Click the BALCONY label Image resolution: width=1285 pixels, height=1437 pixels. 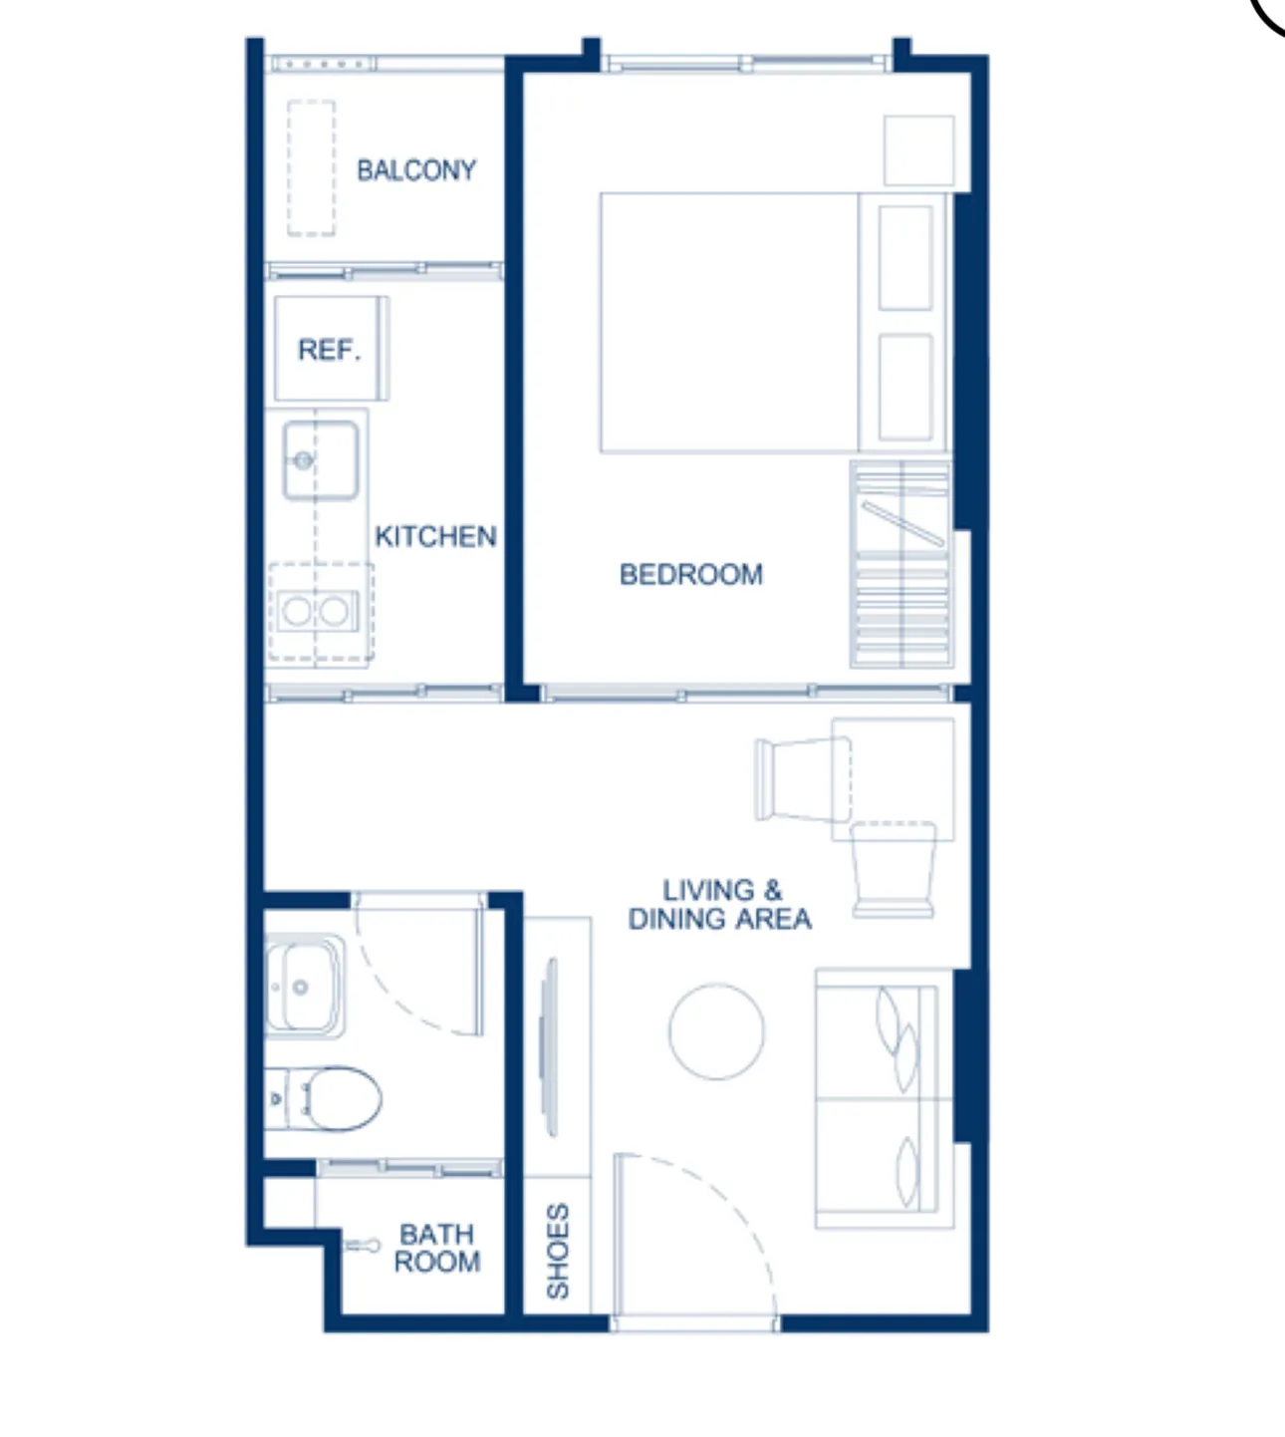pyautogui.click(x=416, y=170)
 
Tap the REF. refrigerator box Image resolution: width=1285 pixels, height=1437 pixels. pyautogui.click(x=331, y=348)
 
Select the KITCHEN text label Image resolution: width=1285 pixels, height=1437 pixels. pyautogui.click(x=435, y=536)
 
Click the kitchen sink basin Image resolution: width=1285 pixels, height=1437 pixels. pyautogui.click(x=321, y=460)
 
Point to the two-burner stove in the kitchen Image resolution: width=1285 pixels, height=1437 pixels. pyautogui.click(x=318, y=611)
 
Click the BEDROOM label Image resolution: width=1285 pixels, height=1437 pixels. pyautogui.click(x=690, y=575)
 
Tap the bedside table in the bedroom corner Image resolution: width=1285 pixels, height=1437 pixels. pyautogui.click(x=919, y=151)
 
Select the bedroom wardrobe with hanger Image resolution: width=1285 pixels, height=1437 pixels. pyautogui.click(x=901, y=564)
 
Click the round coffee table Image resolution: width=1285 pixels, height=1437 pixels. pyautogui.click(x=716, y=1031)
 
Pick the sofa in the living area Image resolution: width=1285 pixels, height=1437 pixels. pyautogui.click(x=885, y=1098)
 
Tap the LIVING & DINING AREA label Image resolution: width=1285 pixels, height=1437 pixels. pyautogui.click(x=720, y=904)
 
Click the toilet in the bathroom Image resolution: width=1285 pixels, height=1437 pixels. pyautogui.click(x=324, y=1098)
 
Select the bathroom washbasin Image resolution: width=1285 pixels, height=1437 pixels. pyautogui.click(x=305, y=986)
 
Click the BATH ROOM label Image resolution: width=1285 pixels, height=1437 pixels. pyautogui.click(x=437, y=1248)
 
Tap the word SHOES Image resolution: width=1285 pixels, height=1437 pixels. pyautogui.click(x=558, y=1251)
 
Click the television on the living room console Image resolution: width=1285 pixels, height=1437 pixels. pyautogui.click(x=549, y=1047)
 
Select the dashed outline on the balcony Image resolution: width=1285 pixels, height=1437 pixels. pyautogui.click(x=312, y=168)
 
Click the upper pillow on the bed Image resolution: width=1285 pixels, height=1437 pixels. pyautogui.click(x=905, y=258)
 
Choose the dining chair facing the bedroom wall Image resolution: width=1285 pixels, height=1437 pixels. pyautogui.click(x=893, y=870)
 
